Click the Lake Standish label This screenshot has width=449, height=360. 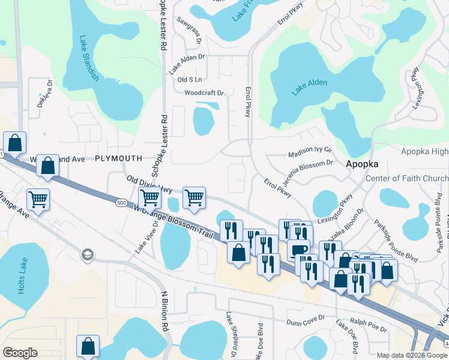pos(89,59)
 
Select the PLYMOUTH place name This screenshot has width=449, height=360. pos(118,158)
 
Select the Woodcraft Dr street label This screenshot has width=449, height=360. pos(203,93)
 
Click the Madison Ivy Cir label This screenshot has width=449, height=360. pos(310,153)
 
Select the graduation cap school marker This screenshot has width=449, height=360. pos(87,255)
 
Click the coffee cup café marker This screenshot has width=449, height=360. pos(298,249)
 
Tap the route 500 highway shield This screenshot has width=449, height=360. pos(122,203)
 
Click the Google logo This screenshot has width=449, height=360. pos(20,353)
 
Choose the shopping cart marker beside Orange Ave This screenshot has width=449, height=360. pos(38,199)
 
